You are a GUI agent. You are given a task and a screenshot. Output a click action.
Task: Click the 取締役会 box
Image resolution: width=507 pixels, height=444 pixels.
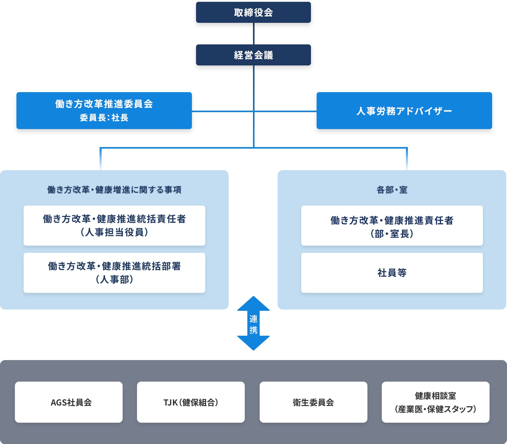[253, 12]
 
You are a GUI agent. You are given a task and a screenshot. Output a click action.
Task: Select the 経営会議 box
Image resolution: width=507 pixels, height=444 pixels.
[253, 55]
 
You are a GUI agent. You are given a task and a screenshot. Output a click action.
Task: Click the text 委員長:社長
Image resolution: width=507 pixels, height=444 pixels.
[104, 118]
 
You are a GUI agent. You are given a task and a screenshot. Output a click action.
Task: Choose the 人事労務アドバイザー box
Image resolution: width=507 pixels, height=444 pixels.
[404, 111]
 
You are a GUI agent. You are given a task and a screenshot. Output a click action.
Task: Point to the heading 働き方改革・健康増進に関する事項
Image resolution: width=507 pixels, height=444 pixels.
[114, 190]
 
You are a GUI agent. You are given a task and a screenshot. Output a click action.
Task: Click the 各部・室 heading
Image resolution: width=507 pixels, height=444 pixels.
[392, 190]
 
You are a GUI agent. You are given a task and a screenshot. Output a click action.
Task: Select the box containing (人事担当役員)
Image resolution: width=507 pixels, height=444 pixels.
[114, 226]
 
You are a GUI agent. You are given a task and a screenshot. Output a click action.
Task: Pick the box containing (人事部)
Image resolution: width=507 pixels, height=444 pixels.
[114, 273]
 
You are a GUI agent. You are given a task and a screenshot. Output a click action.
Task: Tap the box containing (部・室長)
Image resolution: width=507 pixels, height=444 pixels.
[392, 226]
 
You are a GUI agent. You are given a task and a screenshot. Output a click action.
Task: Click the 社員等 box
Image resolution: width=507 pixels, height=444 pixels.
[392, 273]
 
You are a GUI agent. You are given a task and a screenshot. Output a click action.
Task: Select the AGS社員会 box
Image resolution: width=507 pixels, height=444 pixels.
[69, 402]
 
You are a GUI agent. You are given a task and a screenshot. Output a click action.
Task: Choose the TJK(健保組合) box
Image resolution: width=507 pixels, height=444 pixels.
[191, 402]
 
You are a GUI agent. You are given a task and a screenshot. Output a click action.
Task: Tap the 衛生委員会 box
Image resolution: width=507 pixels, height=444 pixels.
[313, 402]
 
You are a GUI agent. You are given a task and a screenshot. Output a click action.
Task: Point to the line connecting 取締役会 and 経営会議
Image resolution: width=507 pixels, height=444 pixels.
[254, 34]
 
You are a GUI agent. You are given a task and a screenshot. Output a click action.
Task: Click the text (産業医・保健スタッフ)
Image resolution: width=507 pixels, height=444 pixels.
[435, 409]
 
